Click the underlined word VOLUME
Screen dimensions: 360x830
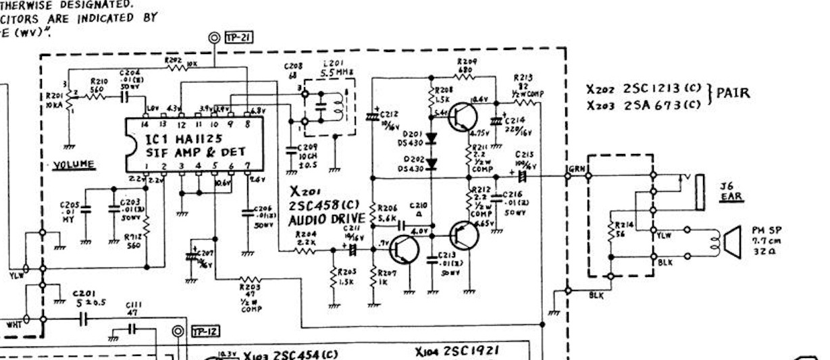[74, 163]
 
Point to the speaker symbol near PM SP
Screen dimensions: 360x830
[730, 242]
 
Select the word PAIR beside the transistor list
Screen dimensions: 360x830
[733, 93]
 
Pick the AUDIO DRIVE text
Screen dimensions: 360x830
[328, 220]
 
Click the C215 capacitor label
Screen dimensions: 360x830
[524, 156]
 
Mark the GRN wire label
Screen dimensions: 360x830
[577, 170]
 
